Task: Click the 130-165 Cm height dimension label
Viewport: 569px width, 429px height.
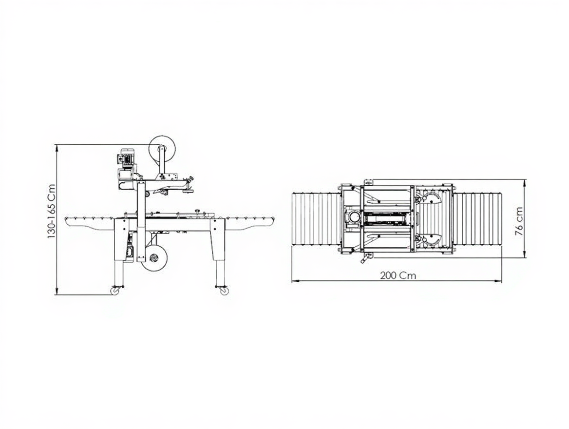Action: [x=51, y=212]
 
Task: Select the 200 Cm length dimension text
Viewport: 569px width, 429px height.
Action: [x=398, y=275]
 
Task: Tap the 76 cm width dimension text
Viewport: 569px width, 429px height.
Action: [x=519, y=222]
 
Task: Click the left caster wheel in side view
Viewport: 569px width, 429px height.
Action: [x=116, y=291]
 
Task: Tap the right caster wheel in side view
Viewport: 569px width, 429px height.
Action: [x=224, y=291]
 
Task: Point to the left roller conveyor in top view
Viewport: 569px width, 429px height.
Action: [x=316, y=220]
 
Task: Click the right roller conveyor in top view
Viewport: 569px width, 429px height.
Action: [x=477, y=220]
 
